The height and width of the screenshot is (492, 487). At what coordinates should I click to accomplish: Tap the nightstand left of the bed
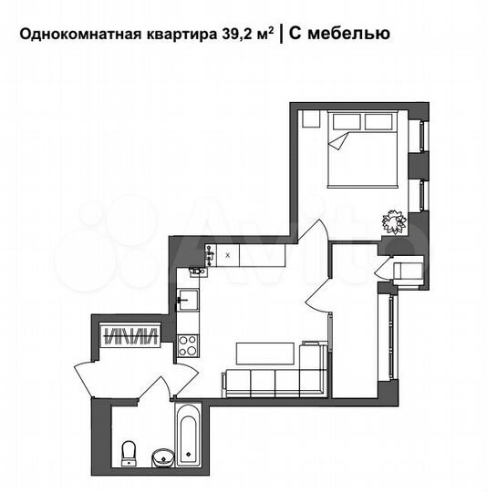311,119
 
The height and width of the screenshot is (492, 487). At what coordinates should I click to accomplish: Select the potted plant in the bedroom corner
394,220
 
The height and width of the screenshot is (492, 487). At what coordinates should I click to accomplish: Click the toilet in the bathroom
129,452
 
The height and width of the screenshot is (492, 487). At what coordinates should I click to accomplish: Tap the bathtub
188,436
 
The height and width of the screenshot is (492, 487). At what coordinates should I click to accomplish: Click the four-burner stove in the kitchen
187,344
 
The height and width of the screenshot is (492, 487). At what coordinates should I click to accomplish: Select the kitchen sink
187,298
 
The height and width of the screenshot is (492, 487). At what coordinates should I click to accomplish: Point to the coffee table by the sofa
265,352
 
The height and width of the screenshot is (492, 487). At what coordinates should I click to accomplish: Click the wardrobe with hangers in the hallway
130,335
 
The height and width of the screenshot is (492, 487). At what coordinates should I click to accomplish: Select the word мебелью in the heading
353,35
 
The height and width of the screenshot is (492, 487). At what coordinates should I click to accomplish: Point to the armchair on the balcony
405,271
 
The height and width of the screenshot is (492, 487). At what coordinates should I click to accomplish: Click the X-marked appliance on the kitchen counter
227,256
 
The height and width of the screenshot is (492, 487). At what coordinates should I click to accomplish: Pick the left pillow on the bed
347,121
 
